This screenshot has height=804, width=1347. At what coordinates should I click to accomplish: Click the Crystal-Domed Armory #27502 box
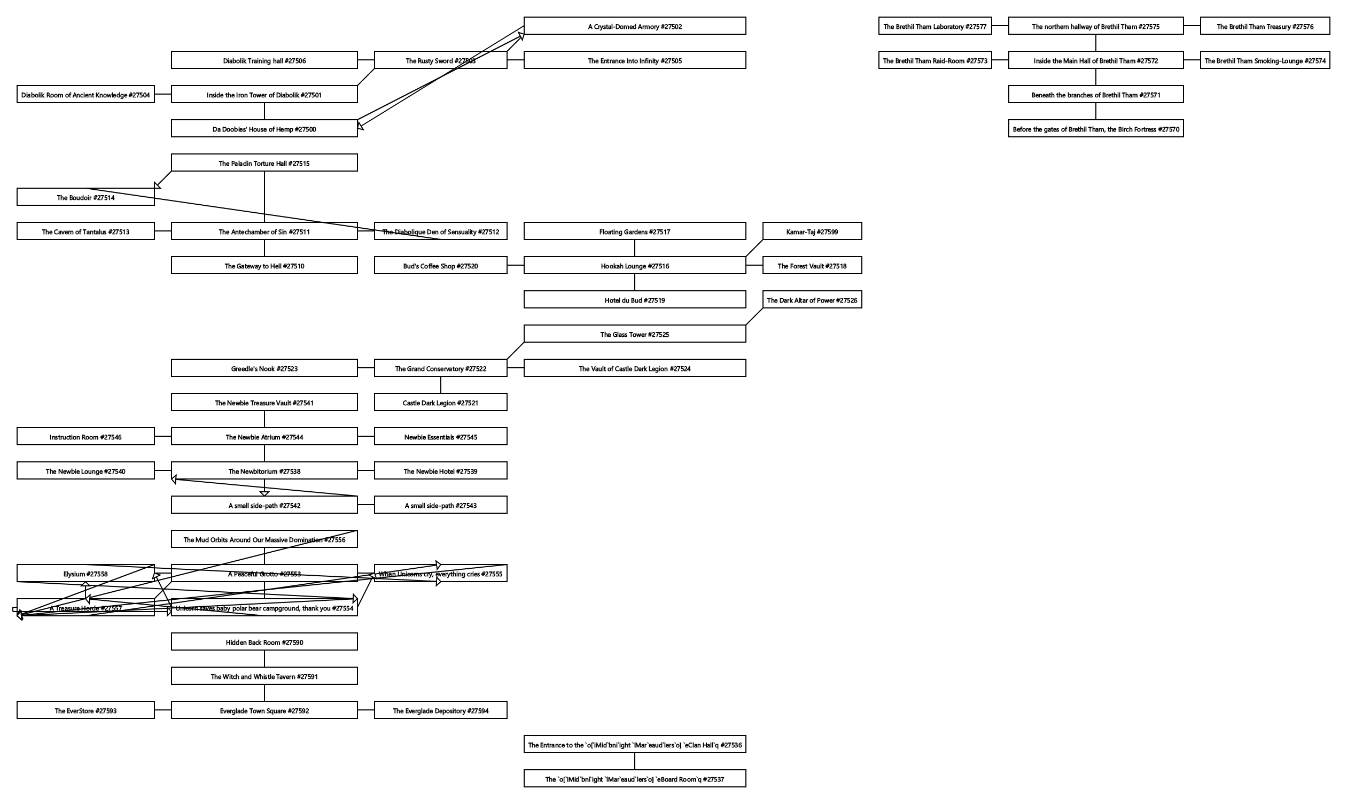point(635,26)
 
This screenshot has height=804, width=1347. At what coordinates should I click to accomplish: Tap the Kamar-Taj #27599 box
point(812,231)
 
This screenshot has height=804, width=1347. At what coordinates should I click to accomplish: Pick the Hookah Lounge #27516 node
point(635,266)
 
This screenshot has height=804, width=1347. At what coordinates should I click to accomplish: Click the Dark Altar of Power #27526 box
point(812,299)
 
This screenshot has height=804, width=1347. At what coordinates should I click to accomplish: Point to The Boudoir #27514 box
point(85,197)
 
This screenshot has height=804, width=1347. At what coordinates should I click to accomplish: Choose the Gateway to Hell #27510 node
point(264,266)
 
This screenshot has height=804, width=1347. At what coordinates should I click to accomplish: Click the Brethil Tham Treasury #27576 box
point(1265,26)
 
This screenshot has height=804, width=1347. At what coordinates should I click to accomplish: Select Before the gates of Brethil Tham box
point(1095,129)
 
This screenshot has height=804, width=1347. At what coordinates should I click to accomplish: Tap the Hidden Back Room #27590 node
point(264,642)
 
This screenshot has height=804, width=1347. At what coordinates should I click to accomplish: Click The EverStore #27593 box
point(85,710)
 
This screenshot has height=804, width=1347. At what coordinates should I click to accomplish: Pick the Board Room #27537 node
point(635,779)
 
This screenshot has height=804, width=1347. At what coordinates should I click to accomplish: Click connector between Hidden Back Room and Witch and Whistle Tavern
point(264,659)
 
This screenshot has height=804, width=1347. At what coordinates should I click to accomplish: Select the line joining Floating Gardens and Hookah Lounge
point(635,248)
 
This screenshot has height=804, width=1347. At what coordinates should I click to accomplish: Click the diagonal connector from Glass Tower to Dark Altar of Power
point(754,316)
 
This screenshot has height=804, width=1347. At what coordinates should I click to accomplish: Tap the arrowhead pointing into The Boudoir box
point(157,185)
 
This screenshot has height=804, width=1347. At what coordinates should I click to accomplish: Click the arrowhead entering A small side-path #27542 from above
point(264,493)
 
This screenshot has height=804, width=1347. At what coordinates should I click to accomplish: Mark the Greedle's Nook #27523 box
point(264,368)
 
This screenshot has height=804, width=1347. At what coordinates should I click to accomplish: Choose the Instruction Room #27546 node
point(85,437)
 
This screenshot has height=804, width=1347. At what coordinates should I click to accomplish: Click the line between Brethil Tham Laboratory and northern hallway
point(999,26)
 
